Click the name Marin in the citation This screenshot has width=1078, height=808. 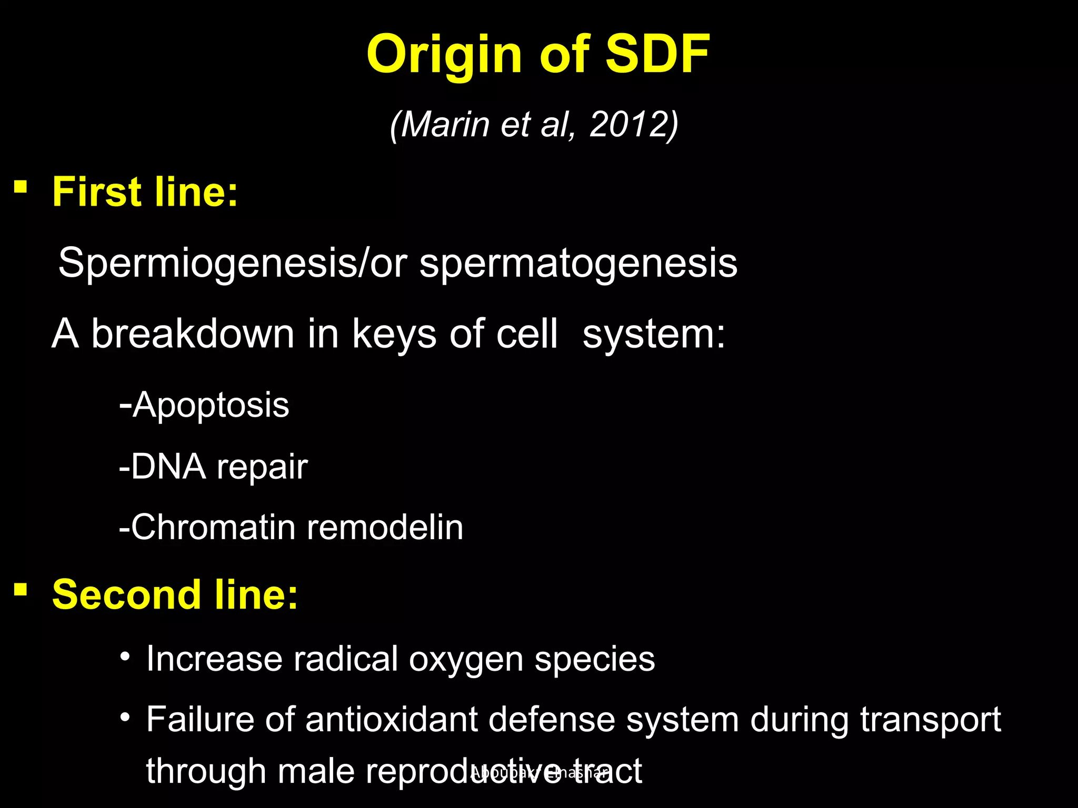click(445, 125)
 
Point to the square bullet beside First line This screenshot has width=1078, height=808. click(21, 187)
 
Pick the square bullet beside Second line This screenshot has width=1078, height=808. click(21, 589)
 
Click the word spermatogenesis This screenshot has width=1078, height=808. click(578, 263)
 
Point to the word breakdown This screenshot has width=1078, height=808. click(193, 334)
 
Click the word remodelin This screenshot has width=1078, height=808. click(385, 527)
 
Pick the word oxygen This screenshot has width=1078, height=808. click(466, 659)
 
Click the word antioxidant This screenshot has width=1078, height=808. click(392, 719)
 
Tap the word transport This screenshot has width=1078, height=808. click(930, 719)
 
